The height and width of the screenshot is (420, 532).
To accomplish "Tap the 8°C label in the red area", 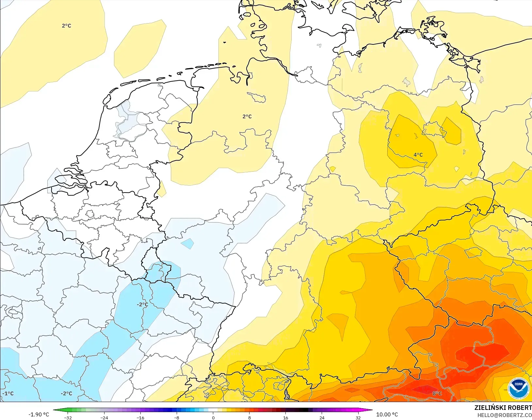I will point(437,393).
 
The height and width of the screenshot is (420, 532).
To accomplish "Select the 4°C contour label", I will point(418,155).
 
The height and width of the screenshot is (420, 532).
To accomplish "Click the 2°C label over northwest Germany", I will point(247,117).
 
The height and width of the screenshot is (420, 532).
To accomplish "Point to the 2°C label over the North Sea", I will point(66,26).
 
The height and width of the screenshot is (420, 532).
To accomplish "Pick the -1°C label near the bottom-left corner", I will point(8,393).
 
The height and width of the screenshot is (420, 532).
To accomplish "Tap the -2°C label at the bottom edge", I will point(66,393).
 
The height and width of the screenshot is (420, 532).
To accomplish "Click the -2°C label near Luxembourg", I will point(142,304).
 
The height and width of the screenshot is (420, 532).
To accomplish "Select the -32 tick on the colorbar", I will point(68,417).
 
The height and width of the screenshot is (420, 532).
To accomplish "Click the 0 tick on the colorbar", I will point(213,417).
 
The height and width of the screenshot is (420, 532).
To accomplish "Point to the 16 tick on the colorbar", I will point(285,417).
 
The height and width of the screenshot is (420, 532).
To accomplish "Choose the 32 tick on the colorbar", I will point(358,417).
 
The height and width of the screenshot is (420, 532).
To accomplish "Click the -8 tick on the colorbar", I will point(177,417).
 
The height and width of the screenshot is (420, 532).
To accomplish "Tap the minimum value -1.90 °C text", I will point(39,414).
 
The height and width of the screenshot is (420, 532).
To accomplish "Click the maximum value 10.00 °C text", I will point(387,414).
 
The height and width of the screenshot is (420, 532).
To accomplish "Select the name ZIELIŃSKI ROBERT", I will point(503,408).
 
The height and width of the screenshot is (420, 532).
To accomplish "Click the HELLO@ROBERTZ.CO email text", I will point(505,415).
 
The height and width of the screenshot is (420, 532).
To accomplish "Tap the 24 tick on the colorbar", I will point(322,417).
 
